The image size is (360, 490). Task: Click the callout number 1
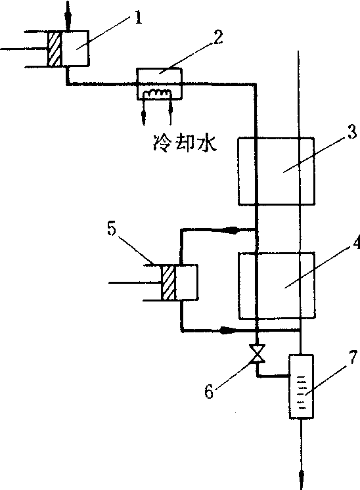point(139,18)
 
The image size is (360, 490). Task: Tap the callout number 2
point(218,37)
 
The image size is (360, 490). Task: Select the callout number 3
point(352,132)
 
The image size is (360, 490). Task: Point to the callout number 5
point(111,230)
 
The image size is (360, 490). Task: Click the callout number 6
point(209,391)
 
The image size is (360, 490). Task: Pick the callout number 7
point(353,357)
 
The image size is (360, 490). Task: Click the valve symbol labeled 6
point(257,353)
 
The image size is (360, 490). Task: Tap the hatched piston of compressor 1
point(55,49)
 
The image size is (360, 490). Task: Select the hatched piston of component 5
point(168,283)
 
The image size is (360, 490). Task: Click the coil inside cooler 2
point(156,94)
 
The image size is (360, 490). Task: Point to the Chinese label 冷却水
point(185,143)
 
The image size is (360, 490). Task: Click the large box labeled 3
point(277,171)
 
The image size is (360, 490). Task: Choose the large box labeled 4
point(277,286)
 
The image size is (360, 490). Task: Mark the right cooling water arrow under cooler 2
point(170,108)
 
